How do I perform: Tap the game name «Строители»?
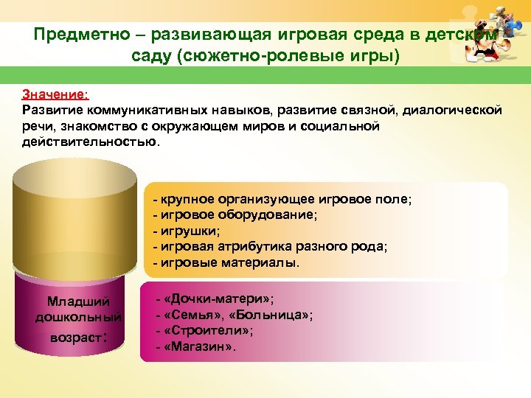point(209,331)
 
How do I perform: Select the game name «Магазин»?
point(200,346)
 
